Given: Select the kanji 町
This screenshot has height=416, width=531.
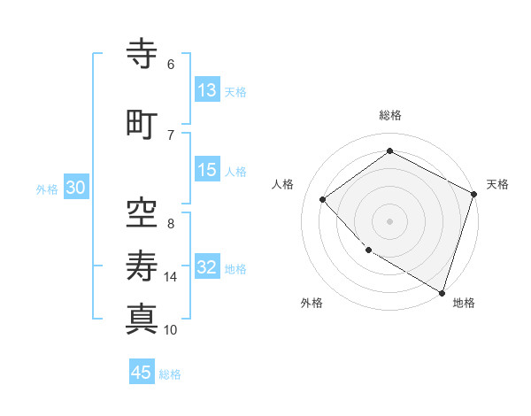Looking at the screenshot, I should pos(142,124).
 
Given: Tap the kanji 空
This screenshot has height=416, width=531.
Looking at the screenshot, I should pos(142,212).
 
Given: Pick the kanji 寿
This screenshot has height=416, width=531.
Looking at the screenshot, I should pos(142,266).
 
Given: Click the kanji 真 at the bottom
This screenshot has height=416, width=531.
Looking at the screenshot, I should pos(142,319).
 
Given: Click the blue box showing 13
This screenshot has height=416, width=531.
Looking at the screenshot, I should pos(207,90).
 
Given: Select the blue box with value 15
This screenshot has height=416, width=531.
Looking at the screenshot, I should pos(207,170).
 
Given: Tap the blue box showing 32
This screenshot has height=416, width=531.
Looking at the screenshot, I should pos(207,267).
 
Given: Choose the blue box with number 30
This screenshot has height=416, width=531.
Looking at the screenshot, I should pos(75,188).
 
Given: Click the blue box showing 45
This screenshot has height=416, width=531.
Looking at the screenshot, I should pos(142,373).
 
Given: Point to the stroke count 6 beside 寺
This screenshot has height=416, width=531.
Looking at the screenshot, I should pos(171,65).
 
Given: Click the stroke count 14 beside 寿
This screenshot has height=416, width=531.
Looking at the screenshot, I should pos(171,277).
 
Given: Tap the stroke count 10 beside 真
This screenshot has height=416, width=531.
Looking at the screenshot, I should pos(171,330).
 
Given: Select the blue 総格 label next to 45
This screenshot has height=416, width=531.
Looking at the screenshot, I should pos(170,374).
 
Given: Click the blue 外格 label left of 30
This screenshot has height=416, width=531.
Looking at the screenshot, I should pos(47,189).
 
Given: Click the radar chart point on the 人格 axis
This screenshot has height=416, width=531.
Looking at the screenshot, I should pos(323,199).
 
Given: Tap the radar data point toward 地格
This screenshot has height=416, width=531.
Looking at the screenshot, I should pos(442,291).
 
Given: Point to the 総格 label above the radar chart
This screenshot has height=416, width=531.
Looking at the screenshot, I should pos(390,115).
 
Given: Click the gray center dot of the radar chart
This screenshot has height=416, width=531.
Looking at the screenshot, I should pos(390,221).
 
